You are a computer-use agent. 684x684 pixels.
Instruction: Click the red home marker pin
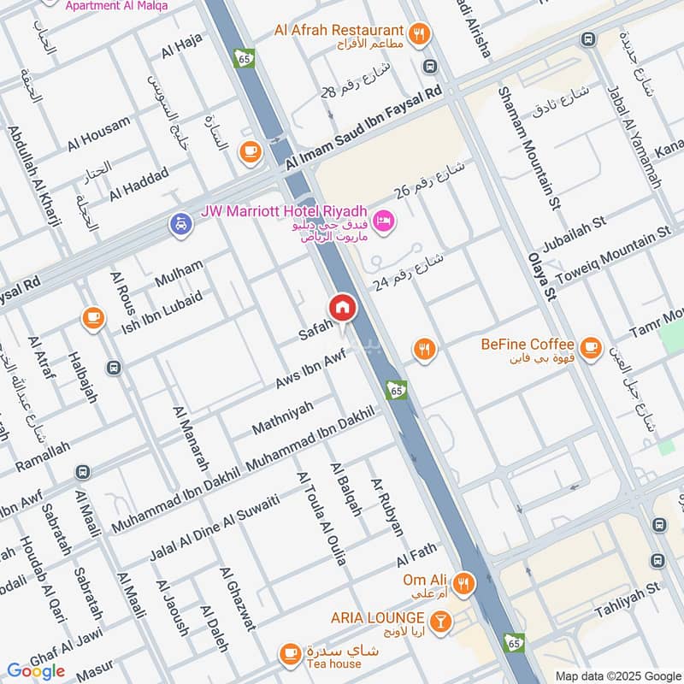pyautogui.click(x=342, y=307)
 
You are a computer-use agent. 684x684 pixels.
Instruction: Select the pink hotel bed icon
pyautogui.click(x=384, y=221)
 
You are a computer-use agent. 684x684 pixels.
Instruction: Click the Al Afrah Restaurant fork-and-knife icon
pyautogui.click(x=419, y=33)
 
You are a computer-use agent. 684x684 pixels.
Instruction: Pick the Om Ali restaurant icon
pyautogui.click(x=463, y=584)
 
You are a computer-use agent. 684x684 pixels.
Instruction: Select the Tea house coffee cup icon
pyautogui.click(x=291, y=654)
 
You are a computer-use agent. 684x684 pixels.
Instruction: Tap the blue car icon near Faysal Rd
pyautogui.click(x=180, y=225)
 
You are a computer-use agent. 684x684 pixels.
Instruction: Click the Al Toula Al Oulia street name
pyautogui.click(x=321, y=518)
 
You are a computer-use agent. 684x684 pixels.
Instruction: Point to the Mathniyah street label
pyautogui.click(x=286, y=418)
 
